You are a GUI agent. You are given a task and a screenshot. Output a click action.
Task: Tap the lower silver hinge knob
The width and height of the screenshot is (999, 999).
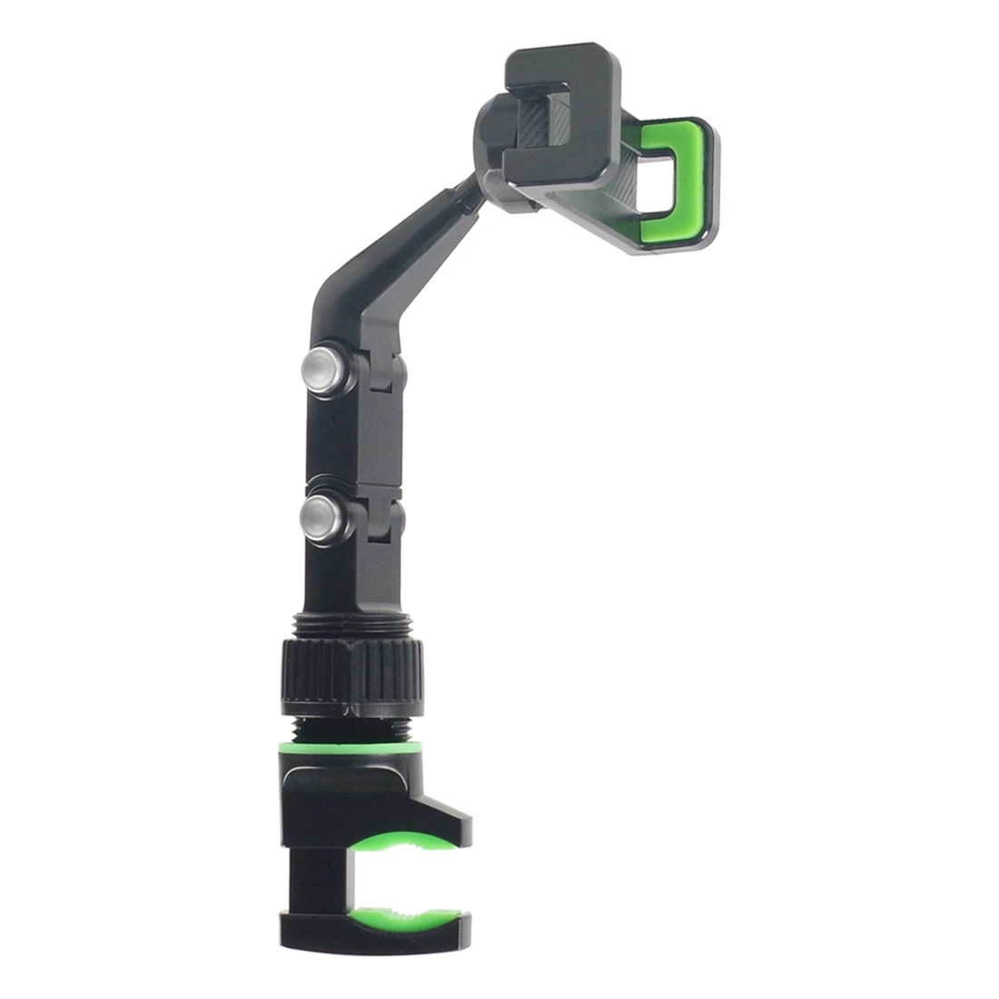click(x=319, y=516)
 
